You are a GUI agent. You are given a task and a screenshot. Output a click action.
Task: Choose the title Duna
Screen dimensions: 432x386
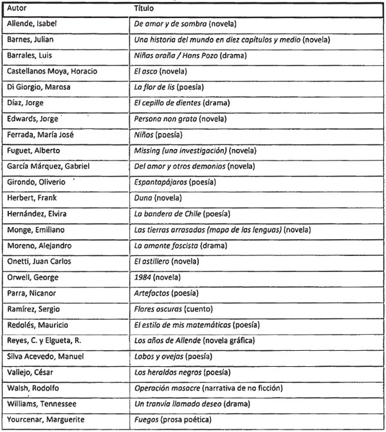click(143, 198)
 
